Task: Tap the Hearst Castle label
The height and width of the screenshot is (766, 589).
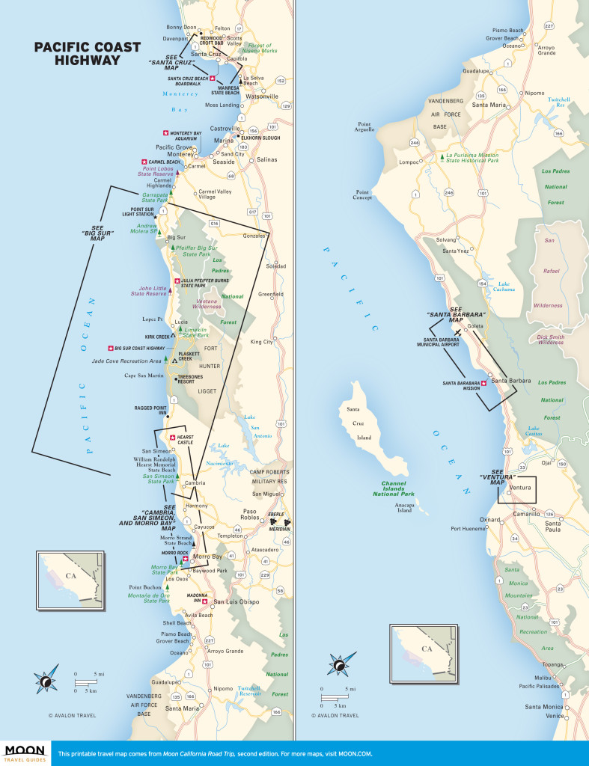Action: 186,439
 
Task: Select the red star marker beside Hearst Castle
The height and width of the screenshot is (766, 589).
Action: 172,438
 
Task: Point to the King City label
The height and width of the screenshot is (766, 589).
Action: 262,342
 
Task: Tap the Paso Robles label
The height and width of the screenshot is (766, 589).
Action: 249,516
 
